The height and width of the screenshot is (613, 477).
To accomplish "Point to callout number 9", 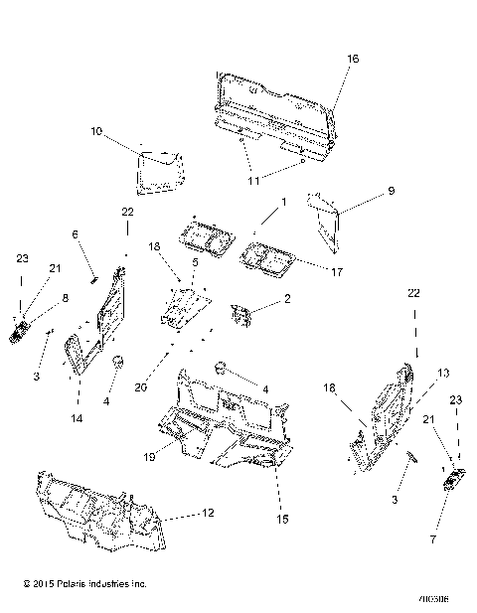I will tap(363, 189).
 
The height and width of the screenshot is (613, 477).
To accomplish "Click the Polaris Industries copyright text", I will tap(78, 585).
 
